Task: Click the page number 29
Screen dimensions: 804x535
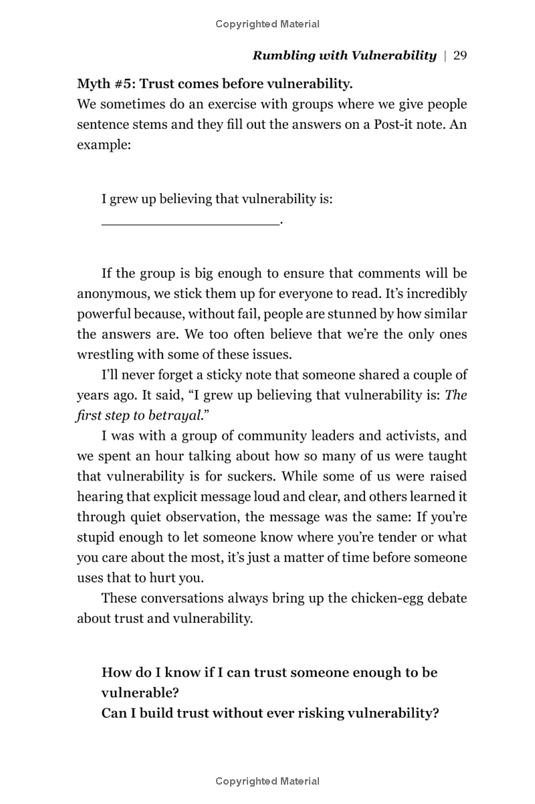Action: coord(459,55)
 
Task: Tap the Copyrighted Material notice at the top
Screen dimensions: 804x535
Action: coord(267,24)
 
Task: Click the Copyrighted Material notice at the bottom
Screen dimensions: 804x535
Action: coord(267,781)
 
